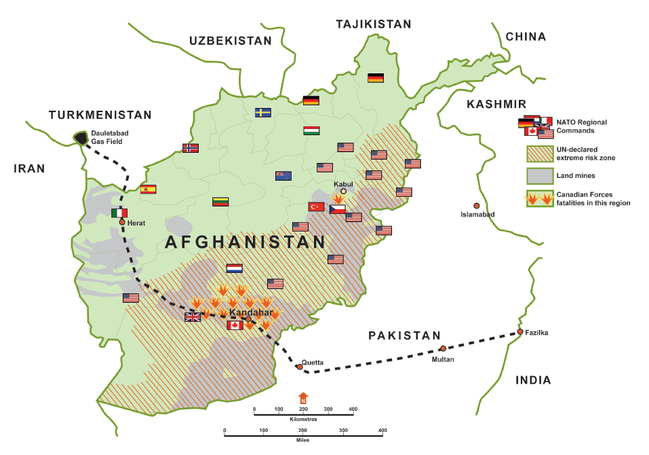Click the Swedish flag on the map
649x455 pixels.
click(x=263, y=113)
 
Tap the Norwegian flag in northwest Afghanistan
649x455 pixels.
click(x=191, y=148)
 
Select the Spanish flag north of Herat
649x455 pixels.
click(x=149, y=189)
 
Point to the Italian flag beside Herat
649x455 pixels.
click(x=119, y=213)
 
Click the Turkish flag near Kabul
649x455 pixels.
click(x=316, y=206)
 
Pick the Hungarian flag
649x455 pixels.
click(x=311, y=130)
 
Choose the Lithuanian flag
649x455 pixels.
click(x=221, y=202)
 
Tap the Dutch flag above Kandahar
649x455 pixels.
click(x=234, y=268)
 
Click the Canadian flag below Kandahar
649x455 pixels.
click(x=234, y=326)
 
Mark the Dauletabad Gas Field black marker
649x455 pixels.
click(x=81, y=138)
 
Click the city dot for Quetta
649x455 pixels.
click(x=300, y=367)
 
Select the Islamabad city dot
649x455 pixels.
click(x=477, y=206)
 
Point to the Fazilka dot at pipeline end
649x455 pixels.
click(x=519, y=331)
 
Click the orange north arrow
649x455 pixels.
click(x=303, y=397)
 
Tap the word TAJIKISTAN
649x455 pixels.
click(x=373, y=24)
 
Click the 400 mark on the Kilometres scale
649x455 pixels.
click(x=352, y=409)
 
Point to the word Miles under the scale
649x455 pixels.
click(x=303, y=440)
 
